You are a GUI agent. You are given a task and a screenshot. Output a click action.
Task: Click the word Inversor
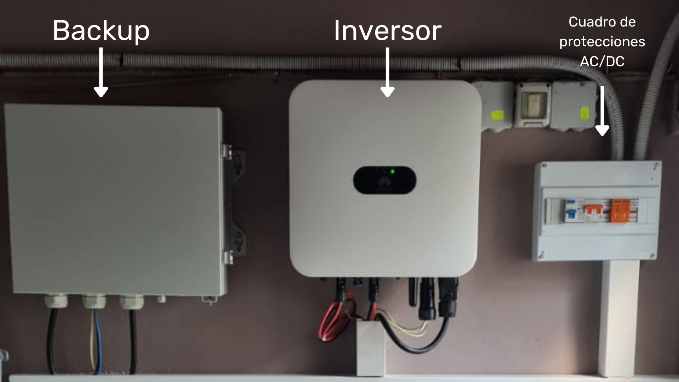(388, 31)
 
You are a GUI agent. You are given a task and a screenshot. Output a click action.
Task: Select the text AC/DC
(602, 61)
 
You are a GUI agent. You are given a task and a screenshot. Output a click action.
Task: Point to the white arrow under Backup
(101, 73)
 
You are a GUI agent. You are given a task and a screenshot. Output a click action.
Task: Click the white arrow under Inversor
(388, 73)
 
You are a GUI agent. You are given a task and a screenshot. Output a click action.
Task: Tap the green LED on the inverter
(392, 172)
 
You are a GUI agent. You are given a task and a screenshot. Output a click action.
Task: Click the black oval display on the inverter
(384, 180)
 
